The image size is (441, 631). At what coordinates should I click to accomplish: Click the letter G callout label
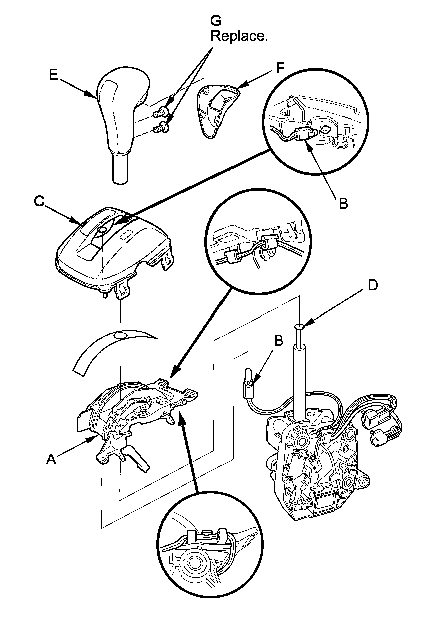(x=216, y=21)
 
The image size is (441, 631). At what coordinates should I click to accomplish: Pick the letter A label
(x=51, y=459)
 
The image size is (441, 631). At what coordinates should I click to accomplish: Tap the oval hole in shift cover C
(x=103, y=230)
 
